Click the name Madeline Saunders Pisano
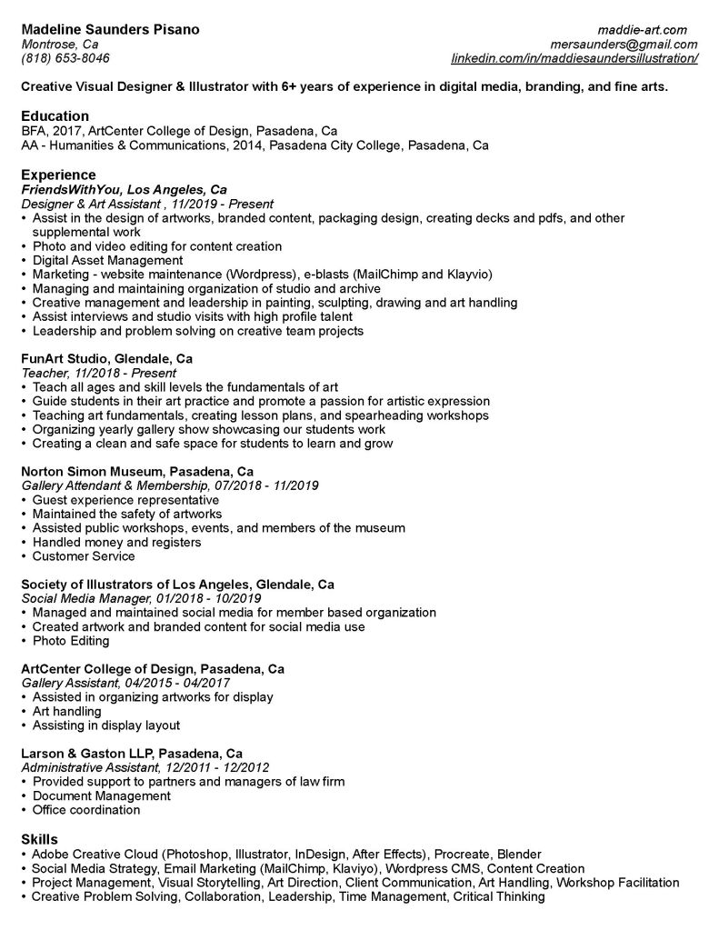click(110, 29)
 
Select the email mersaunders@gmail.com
click(624, 44)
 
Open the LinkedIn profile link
click(574, 58)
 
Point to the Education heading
click(55, 115)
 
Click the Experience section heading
click(58, 175)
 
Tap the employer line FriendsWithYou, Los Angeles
click(124, 190)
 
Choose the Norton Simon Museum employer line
click(136, 471)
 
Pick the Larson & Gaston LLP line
click(132, 753)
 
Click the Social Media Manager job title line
click(141, 598)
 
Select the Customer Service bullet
click(83, 556)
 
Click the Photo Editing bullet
click(71, 641)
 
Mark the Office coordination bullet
click(85, 810)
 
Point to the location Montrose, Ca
click(60, 44)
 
